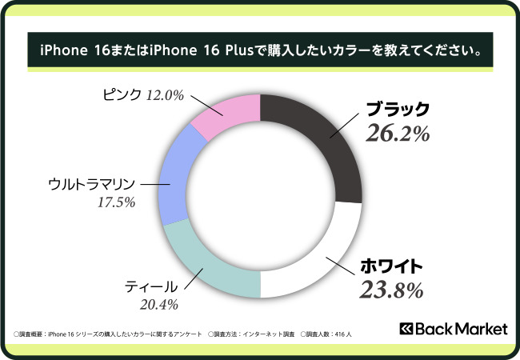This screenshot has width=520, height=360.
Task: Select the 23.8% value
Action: click(x=390, y=290)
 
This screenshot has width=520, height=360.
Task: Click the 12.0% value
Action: click(x=166, y=95)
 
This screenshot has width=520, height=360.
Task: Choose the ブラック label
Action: click(x=398, y=110)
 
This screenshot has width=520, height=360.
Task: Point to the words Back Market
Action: click(x=456, y=329)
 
